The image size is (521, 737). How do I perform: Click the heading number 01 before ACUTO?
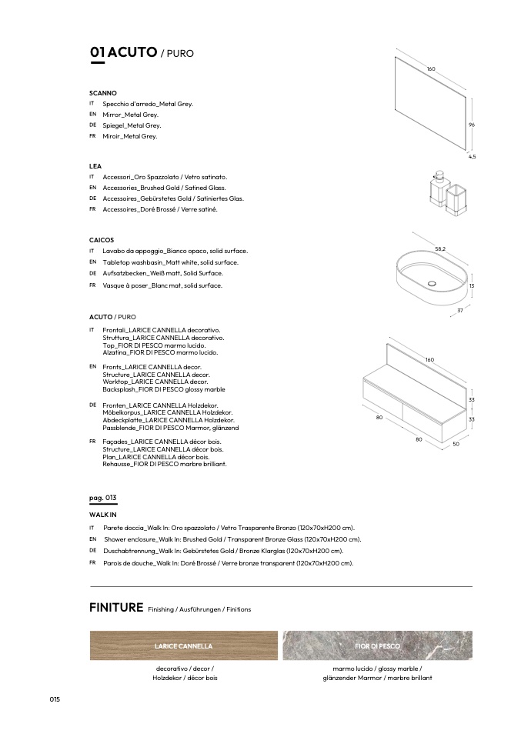pos(97,52)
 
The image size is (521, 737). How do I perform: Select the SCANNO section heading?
pos(102,92)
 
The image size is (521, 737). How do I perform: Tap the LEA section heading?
pos(96,165)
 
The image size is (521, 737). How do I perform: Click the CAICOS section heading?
pos(102,240)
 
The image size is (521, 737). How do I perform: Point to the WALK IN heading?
pos(103,514)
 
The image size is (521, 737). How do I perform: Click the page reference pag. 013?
pos(102,498)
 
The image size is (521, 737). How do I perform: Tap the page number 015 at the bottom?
pos(55,699)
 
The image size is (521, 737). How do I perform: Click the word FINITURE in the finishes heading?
pos(116,608)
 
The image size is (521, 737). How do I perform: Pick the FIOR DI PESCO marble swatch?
pos(377,645)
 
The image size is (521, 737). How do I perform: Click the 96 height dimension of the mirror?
pos(471,125)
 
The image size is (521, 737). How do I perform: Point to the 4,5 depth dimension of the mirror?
pos(472,156)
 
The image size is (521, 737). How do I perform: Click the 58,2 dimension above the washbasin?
pos(440,248)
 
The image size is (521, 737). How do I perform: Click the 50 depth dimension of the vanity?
pos(456,444)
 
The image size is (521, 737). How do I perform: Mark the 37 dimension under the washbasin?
pos(459,310)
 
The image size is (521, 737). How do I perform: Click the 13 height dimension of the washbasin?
pos(471,285)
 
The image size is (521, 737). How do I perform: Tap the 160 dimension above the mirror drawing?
pos(431,69)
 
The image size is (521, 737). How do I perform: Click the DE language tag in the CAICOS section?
pos(92,273)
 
